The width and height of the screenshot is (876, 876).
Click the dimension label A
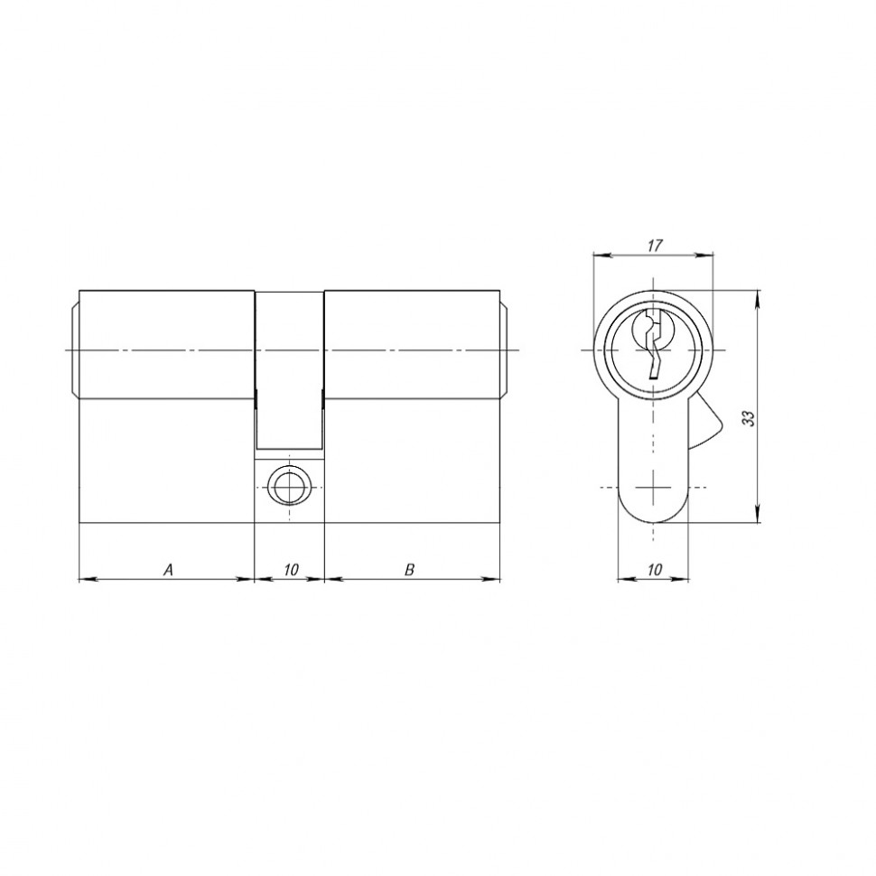click(168, 570)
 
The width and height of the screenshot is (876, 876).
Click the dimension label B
click(409, 570)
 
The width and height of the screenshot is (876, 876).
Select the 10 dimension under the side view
click(291, 570)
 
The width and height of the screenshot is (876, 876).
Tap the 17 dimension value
click(655, 245)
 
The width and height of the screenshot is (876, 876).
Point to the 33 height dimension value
click(750, 419)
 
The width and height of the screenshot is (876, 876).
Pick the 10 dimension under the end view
click(655, 570)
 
